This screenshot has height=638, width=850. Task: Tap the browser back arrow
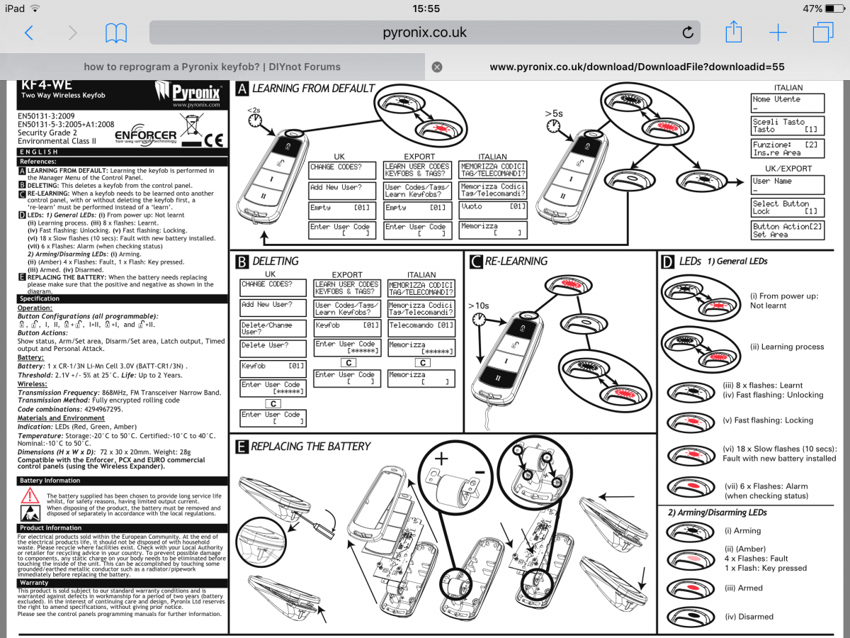(x=29, y=33)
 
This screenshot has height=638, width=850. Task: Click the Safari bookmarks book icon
(x=115, y=33)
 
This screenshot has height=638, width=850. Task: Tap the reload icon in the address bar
(x=687, y=33)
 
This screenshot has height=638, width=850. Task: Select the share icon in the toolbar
(x=733, y=32)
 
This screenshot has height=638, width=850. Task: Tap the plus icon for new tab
(x=778, y=33)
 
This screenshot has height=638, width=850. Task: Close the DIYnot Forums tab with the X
(x=437, y=67)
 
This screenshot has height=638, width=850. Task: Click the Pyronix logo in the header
(x=188, y=94)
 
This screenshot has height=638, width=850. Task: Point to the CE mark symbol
(x=213, y=138)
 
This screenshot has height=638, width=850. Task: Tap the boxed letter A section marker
(x=242, y=89)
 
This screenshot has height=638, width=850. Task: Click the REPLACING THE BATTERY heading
(x=310, y=446)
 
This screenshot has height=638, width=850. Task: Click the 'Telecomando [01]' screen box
(x=421, y=326)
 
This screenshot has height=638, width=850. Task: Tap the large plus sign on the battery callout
(x=441, y=459)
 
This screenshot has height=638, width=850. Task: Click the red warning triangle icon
(x=30, y=496)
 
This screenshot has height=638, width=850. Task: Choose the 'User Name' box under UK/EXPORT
(x=788, y=185)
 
